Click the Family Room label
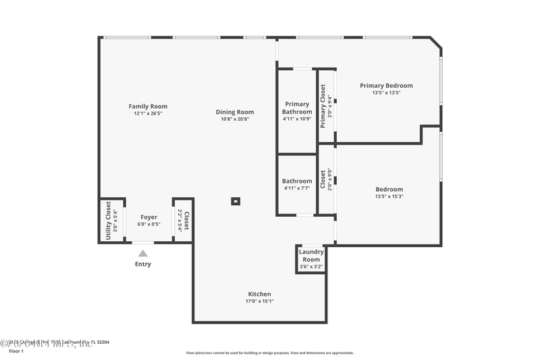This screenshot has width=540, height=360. click(x=148, y=106)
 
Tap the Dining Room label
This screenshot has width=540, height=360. click(x=235, y=112)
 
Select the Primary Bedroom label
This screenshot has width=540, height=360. click(x=386, y=86)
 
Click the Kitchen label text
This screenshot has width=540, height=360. click(x=260, y=294)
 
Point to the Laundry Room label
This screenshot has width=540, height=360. click(x=311, y=255)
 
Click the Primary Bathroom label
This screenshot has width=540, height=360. click(x=297, y=108)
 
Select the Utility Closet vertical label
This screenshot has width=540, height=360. click(x=108, y=220)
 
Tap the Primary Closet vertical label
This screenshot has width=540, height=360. click(x=323, y=106)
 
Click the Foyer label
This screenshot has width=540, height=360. click(x=148, y=217)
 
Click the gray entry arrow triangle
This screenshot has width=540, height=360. click(x=142, y=253)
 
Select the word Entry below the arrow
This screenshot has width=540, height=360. click(x=143, y=264)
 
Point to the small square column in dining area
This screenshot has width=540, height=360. click(x=236, y=201)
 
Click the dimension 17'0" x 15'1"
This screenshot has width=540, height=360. click(x=260, y=301)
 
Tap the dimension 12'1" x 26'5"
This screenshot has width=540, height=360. click(x=148, y=113)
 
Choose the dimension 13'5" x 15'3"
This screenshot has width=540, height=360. click(x=389, y=197)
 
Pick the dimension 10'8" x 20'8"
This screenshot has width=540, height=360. click(x=235, y=120)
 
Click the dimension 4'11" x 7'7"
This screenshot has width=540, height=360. click(x=297, y=188)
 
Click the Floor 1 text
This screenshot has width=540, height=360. click(x=16, y=351)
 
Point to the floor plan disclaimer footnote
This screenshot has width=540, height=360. click(x=269, y=353)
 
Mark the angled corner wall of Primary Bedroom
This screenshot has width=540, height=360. click(x=437, y=43)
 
